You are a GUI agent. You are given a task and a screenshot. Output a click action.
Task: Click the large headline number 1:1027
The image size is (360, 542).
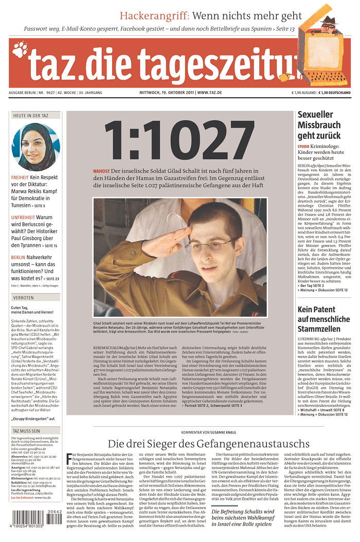pyautogui.click(x=179, y=139)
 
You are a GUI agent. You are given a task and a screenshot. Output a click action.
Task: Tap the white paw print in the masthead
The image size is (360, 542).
pyautogui.click(x=20, y=50)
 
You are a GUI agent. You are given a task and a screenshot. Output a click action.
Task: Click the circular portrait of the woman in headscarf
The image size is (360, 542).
pyautogui.click(x=35, y=147)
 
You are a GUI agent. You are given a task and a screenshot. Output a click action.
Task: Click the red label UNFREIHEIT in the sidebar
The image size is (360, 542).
pyautogui.click(x=23, y=218)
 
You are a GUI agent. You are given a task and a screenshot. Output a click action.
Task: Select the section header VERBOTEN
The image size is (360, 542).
pyautogui.click(x=24, y=297)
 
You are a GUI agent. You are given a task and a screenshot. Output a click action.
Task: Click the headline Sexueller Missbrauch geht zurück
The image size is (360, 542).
pyautogui.click(x=319, y=125)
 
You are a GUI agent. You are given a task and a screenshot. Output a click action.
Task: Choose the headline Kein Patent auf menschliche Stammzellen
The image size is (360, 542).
pyautogui.click(x=323, y=319)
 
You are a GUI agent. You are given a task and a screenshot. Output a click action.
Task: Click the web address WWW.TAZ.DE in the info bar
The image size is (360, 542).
pyautogui.click(x=209, y=93)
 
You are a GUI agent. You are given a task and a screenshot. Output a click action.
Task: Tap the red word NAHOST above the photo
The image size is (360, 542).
pyautogui.click(x=101, y=171)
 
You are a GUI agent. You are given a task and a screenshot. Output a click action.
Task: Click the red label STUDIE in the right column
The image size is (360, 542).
pyautogui.click(x=303, y=147)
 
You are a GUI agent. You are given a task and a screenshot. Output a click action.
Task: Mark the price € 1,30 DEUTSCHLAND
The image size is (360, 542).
pyautogui.click(x=335, y=93)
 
